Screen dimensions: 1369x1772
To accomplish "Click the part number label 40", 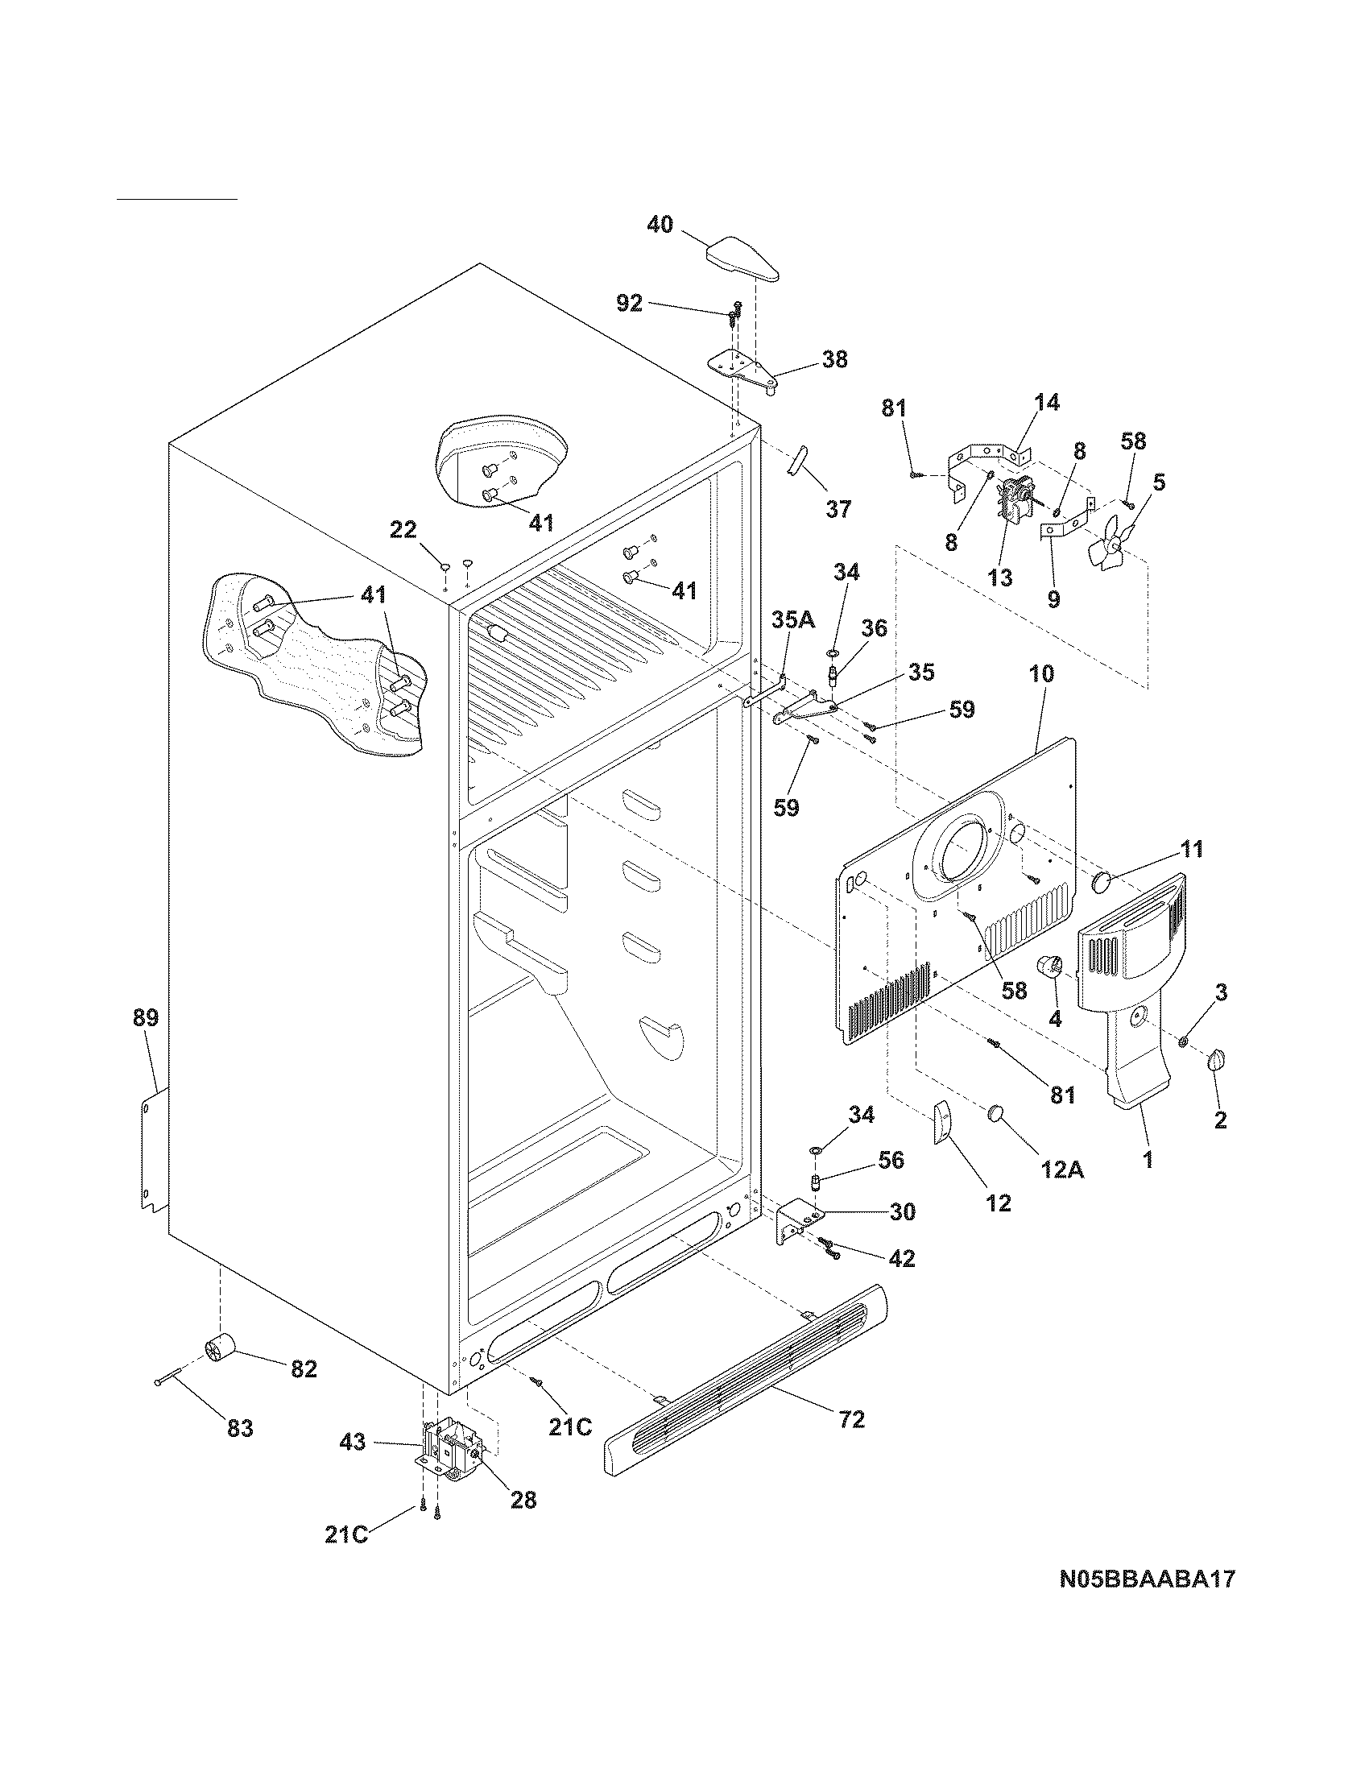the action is [660, 225].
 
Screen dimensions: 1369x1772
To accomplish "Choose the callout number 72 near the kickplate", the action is [851, 1419].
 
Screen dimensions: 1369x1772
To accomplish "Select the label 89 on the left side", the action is [146, 1017].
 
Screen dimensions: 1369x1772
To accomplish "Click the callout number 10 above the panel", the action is [1042, 673].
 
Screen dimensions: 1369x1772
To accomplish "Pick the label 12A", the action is [1064, 1170].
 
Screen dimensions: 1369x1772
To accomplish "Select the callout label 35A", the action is [793, 620].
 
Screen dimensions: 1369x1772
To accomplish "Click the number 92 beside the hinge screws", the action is [630, 304].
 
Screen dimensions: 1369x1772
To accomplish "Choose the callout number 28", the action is [524, 1501].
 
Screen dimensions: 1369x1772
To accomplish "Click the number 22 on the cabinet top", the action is [403, 530].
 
